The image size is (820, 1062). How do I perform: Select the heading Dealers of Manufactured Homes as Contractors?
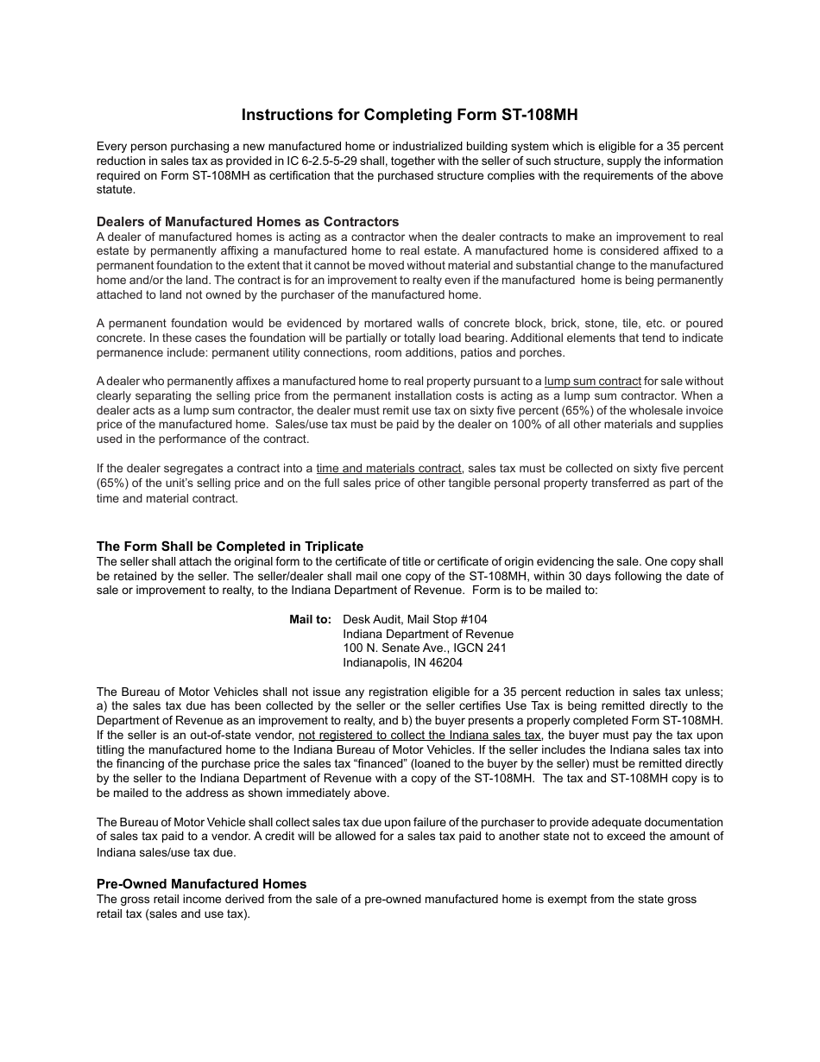(248, 222)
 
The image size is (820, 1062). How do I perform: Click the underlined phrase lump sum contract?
(592, 381)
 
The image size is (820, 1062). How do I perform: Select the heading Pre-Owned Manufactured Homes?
(201, 883)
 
